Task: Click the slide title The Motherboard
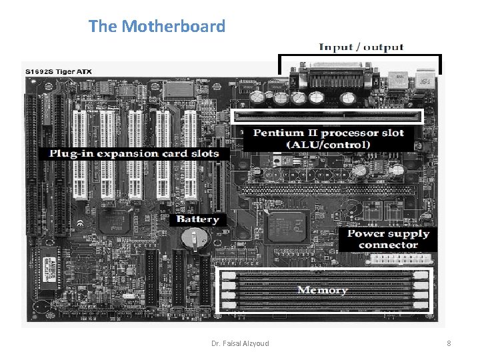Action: click(157, 27)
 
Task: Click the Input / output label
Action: click(361, 47)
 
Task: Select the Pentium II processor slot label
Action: click(329, 138)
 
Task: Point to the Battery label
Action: click(198, 219)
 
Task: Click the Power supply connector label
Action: click(388, 239)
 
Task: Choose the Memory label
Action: click(322, 290)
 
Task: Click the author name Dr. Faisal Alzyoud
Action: click(240, 343)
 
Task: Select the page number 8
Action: click(449, 343)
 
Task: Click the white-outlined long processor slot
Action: click(327, 116)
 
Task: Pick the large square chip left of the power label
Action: click(287, 229)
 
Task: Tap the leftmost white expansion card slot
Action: click(81, 153)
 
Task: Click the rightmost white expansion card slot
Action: click(191, 153)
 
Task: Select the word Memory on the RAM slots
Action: click(322, 290)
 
